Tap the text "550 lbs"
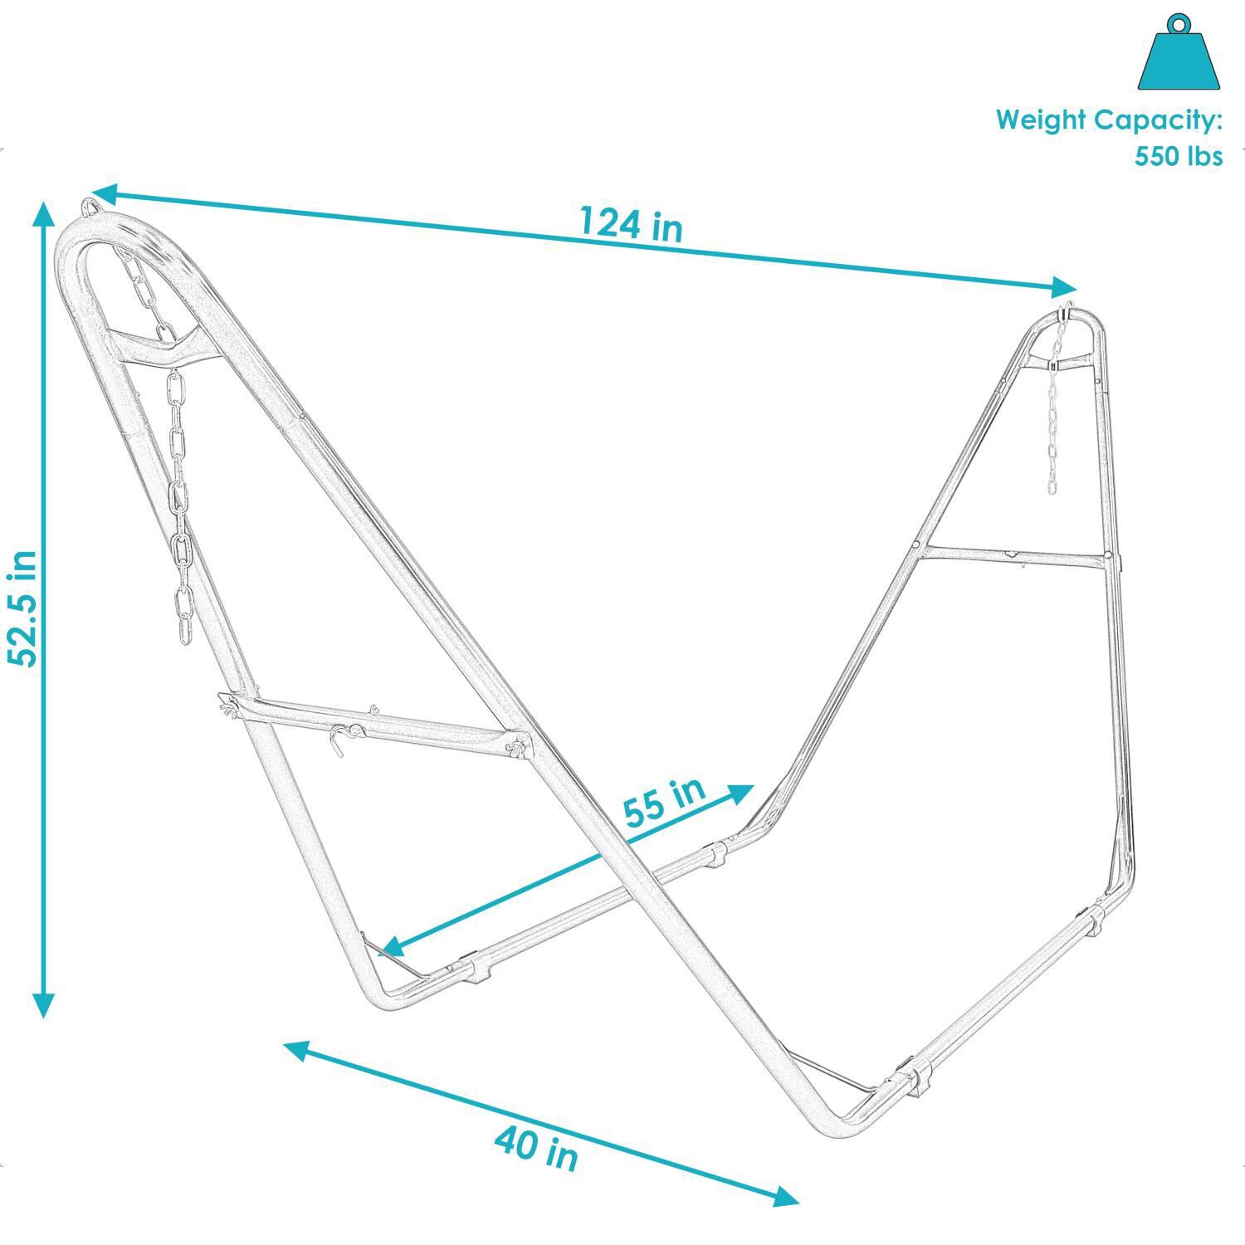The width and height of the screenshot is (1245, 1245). [1179, 156]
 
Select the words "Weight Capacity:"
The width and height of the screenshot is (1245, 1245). [1109, 120]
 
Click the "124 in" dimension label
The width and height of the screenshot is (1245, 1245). [631, 224]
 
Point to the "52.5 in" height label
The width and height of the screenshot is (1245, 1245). [23, 608]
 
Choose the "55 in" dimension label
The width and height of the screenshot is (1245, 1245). [664, 802]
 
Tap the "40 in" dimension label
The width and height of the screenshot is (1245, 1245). [536, 1147]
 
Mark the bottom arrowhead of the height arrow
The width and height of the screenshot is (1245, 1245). [43, 1004]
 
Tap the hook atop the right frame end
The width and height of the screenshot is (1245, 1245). [1064, 313]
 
